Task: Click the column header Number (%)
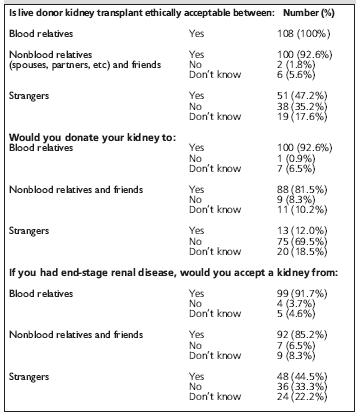point(309,13)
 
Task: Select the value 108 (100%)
point(304,34)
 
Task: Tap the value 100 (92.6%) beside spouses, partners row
point(305,55)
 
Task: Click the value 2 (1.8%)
point(296,65)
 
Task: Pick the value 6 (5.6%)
point(296,75)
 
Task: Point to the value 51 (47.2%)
point(302,96)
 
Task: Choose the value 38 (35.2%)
point(302,106)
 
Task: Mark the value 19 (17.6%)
point(302,117)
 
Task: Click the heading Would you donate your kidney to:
point(92,137)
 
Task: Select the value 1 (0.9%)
point(296,158)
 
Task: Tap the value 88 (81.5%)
point(302,190)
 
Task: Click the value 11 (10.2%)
point(302,210)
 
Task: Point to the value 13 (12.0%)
point(302,231)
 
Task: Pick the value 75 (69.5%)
point(302,241)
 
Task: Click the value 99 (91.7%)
point(302,294)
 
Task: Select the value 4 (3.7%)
point(296,304)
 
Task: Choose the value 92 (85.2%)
point(302,335)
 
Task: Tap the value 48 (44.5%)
point(302,377)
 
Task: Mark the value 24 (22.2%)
point(302,397)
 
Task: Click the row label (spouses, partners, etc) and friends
point(85,65)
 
